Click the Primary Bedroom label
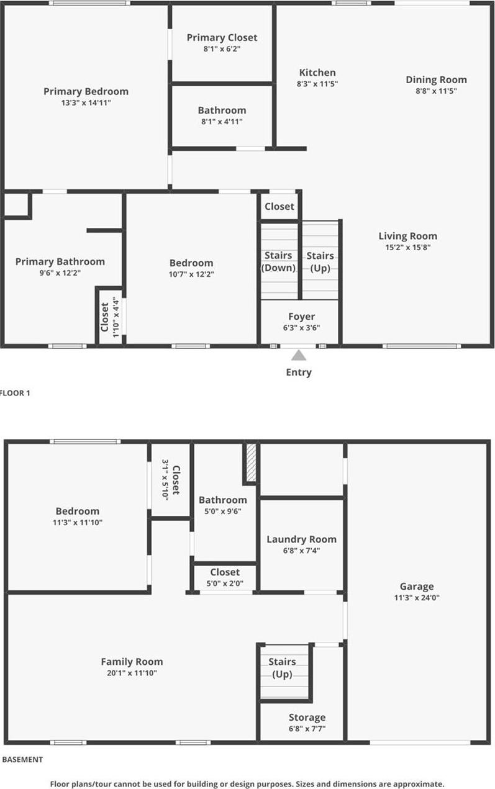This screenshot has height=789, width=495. click(86, 92)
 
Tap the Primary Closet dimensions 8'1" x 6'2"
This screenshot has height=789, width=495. click(222, 48)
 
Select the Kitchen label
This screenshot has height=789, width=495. click(317, 73)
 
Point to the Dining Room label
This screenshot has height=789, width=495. click(436, 79)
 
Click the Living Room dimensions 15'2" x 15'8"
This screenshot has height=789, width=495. click(407, 247)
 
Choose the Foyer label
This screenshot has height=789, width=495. click(301, 317)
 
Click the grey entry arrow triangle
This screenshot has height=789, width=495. click(299, 356)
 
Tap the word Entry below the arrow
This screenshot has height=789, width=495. click(299, 372)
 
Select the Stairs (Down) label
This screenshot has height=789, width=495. click(279, 261)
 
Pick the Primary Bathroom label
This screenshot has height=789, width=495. click(60, 261)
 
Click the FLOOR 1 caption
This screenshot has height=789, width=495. click(15, 392)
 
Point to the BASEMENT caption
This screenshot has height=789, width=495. click(23, 759)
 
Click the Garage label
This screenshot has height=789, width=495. click(417, 587)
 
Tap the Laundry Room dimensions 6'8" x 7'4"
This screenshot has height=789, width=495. click(301, 550)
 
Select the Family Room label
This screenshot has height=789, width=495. click(132, 662)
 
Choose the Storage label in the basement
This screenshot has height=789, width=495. click(307, 718)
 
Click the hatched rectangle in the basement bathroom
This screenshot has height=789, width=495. click(251, 462)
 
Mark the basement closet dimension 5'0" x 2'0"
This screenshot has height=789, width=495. click(225, 584)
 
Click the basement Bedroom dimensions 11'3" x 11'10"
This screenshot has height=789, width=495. click(78, 523)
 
